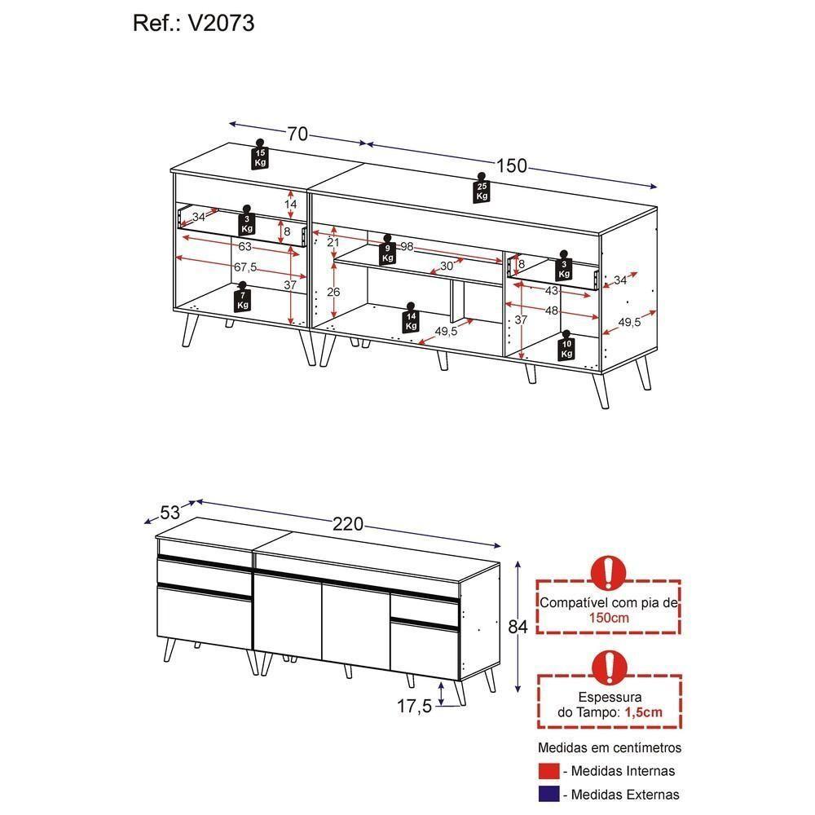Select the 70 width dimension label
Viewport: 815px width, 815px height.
click(297, 134)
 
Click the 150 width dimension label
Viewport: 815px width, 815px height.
click(512, 165)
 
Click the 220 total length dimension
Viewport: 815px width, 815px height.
click(348, 524)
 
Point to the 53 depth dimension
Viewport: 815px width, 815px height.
click(170, 513)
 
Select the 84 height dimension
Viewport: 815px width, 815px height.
click(518, 627)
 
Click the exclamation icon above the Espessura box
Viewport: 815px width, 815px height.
click(608, 666)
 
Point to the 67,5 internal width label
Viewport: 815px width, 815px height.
click(246, 267)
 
